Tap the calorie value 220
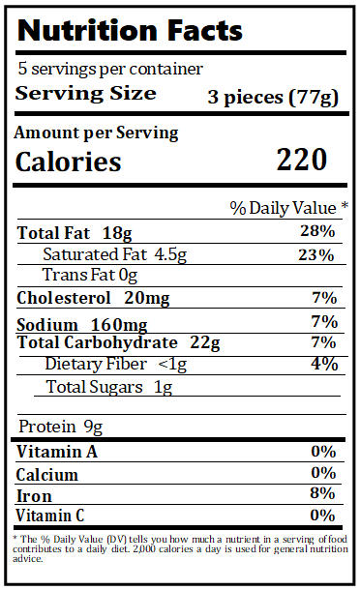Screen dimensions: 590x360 pos(301,160)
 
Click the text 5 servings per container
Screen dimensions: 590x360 pos(110,70)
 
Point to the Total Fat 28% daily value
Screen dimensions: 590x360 pos(317,232)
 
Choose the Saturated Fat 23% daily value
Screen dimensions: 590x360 pos(317,255)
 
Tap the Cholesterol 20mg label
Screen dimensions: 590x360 pos(80,298)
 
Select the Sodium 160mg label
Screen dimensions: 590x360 pos(71,323)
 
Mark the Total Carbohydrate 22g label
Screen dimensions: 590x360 pos(119,343)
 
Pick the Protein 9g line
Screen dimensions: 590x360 pos(60,428)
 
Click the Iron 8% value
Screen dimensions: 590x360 pos(322,494)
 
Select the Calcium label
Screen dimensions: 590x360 pos(47,474)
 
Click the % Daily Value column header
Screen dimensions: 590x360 pos(288,208)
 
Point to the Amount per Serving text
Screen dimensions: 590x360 pos(96,133)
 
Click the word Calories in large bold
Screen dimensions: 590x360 pos(69,162)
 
